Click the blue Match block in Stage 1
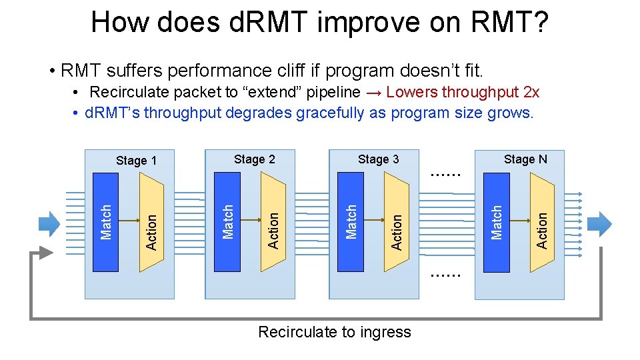pos(105,222)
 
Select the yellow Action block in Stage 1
pos(151,223)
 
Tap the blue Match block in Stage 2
pos(227,222)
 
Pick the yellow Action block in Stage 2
pos(273,223)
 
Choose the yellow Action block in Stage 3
pos(397,223)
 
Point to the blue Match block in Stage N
pos(496,222)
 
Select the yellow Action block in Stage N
pos(542,223)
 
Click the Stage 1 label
pos(136,161)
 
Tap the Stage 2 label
pos(254,159)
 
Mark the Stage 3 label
pos(378,159)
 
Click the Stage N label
pos(525,159)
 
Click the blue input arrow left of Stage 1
pos(49,223)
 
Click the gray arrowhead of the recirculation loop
pos(44,253)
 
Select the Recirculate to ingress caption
pos(334,332)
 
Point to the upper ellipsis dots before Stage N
pos(445,174)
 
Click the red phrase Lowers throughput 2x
pos(463,92)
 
